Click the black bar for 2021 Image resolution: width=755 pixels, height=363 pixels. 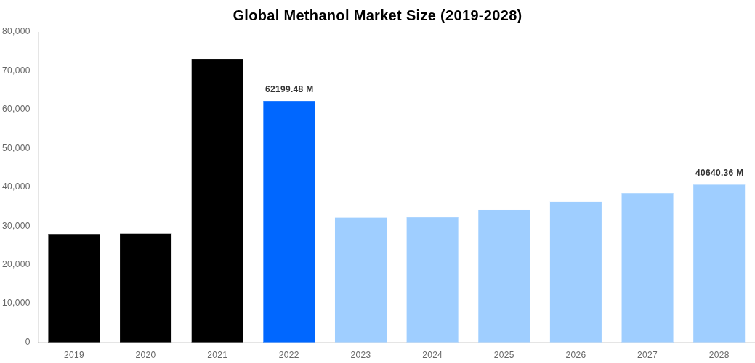(217, 200)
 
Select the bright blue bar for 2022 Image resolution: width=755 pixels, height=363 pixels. (288, 221)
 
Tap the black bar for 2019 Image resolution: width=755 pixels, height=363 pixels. (74, 288)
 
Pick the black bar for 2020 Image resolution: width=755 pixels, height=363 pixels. (145, 287)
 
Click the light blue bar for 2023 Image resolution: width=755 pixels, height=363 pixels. (360, 280)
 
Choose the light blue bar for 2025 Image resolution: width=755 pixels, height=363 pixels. (504, 276)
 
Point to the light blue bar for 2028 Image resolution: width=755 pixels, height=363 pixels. (719, 264)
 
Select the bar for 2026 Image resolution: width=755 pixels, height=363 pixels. (576, 272)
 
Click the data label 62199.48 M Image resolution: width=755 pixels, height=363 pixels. (289, 89)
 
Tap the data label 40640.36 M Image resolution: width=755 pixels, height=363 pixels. (719, 173)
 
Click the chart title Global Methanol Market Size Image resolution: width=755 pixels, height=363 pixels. (377, 15)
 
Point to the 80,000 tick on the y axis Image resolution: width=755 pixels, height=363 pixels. (16, 31)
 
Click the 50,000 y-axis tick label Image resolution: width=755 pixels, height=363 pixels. (16, 148)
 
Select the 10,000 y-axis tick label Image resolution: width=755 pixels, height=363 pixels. (16, 303)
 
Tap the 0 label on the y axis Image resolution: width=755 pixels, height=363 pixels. (28, 342)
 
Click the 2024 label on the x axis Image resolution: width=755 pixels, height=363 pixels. (432, 355)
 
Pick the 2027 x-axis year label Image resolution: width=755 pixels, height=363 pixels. (647, 355)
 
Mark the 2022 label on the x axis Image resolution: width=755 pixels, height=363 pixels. (288, 355)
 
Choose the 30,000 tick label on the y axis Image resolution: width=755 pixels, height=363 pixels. (16, 226)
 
